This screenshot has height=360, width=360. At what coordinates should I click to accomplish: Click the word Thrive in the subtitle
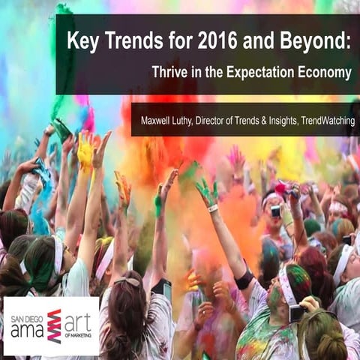(170, 73)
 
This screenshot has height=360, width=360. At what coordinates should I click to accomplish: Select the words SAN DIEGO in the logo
(27, 310)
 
